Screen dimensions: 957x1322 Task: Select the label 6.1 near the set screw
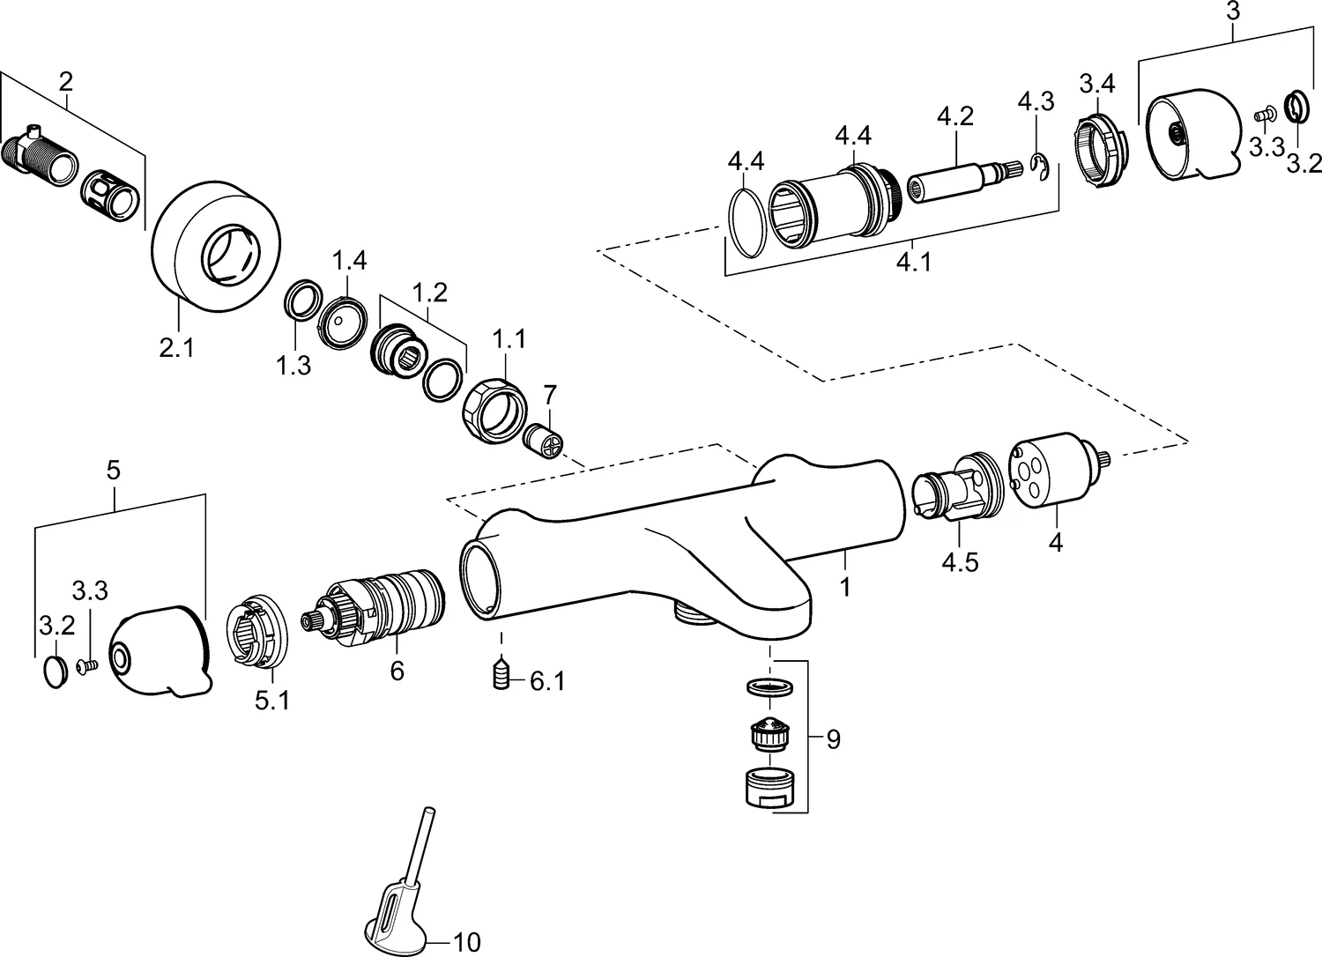pos(547,681)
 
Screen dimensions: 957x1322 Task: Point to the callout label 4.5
pos(960,562)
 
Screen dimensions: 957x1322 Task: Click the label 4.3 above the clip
pos(1036,100)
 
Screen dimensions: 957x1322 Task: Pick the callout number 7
pos(551,392)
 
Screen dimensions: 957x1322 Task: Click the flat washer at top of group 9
pos(771,687)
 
